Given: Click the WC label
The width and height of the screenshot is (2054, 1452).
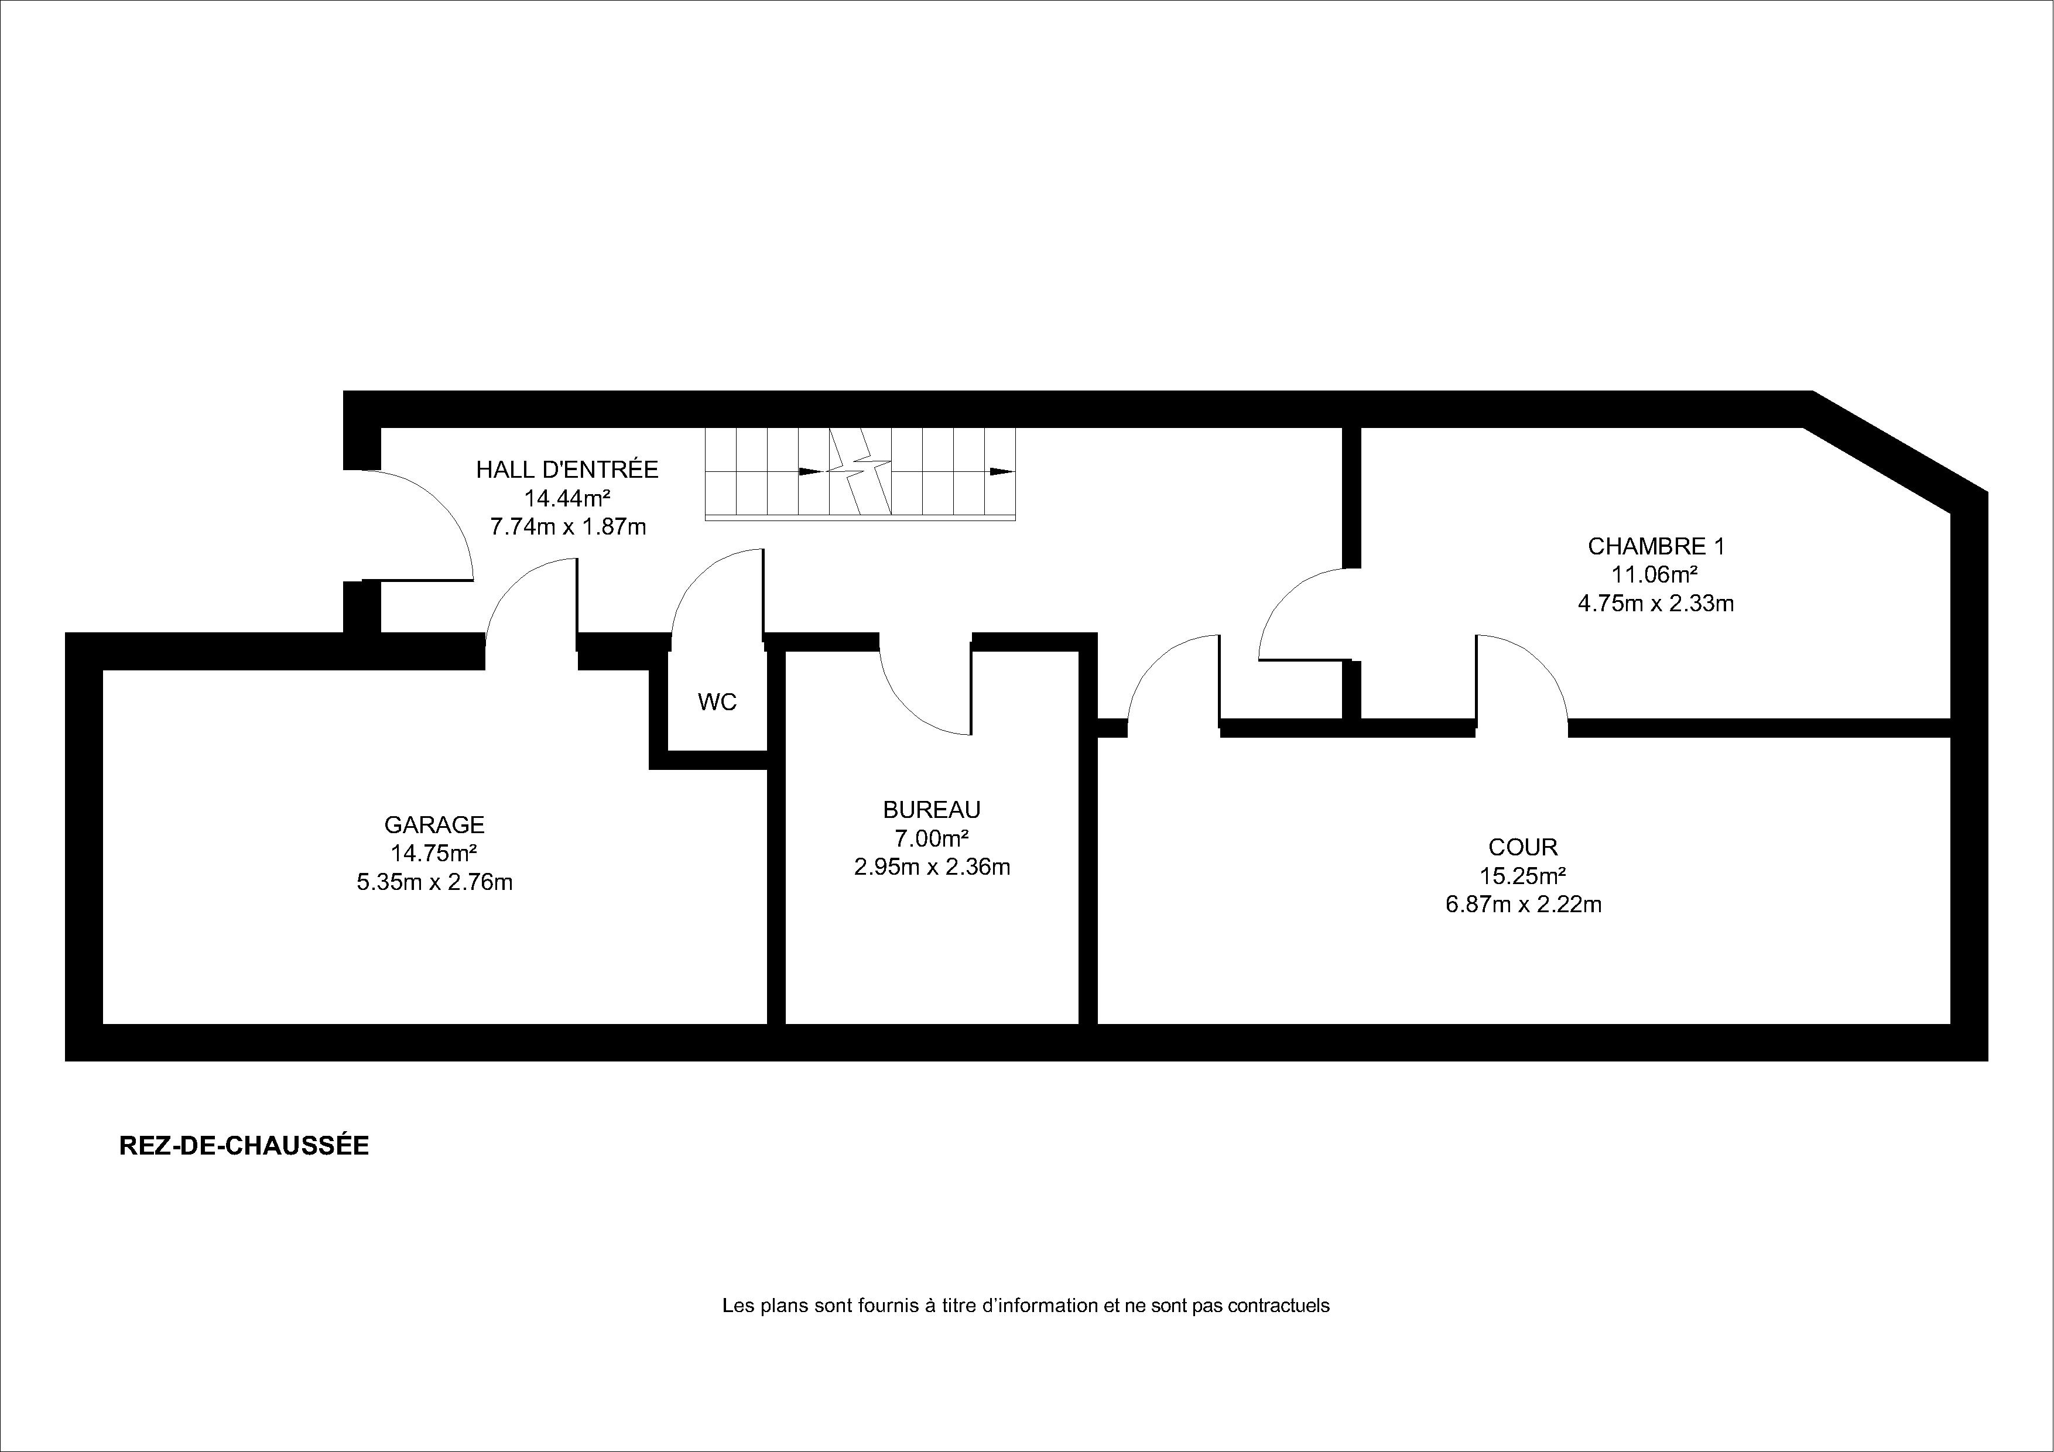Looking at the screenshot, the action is coord(717,703).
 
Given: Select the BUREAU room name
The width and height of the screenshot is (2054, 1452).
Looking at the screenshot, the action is coord(932,810).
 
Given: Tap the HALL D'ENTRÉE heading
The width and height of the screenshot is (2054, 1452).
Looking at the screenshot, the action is coord(567,469).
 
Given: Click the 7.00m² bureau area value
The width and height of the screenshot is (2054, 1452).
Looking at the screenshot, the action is coord(932,838).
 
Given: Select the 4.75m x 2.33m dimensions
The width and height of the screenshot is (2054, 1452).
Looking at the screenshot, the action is coord(1656,603).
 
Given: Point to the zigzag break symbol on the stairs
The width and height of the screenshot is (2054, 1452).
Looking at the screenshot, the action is coord(860,471).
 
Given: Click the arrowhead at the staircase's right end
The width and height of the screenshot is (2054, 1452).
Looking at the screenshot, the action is coord(1002,471).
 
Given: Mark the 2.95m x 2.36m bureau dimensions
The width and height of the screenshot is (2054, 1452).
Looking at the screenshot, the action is coord(932,867).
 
